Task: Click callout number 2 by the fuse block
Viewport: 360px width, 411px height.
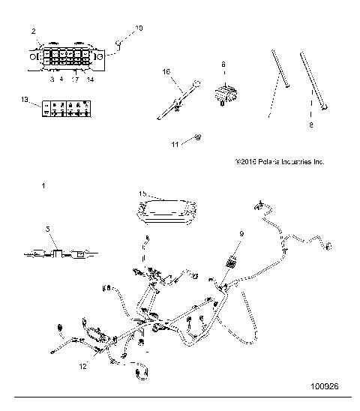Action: [x=34, y=31]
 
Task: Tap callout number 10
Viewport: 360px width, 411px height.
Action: [x=137, y=28]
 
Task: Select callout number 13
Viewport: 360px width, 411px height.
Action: [x=25, y=98]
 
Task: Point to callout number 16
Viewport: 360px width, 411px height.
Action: [x=166, y=71]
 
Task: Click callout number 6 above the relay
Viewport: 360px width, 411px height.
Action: [x=223, y=64]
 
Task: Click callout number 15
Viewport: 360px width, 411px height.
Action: [x=142, y=193]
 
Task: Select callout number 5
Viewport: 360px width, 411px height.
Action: [x=47, y=229]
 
